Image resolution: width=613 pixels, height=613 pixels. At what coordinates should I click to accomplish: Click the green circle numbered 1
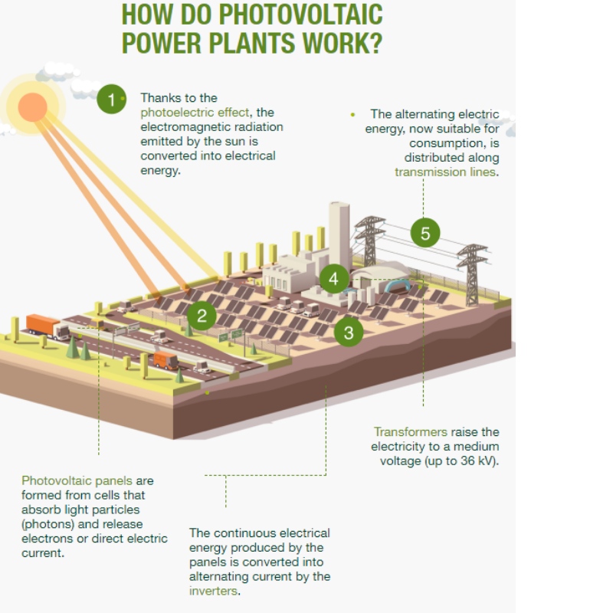click(112, 99)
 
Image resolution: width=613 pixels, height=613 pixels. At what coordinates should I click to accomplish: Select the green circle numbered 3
click(349, 332)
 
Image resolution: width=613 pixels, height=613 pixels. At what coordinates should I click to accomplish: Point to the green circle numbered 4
click(333, 279)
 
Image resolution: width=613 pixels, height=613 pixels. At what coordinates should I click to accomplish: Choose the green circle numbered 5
click(425, 234)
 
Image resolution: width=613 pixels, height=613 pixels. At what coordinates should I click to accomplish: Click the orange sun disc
click(32, 107)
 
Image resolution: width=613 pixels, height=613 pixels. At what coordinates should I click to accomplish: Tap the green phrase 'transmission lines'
click(445, 172)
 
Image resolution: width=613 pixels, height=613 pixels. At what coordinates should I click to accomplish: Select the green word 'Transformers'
click(410, 431)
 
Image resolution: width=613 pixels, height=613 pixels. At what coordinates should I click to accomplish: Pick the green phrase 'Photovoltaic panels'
click(77, 480)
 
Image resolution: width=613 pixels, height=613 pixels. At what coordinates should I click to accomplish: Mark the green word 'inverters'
click(214, 591)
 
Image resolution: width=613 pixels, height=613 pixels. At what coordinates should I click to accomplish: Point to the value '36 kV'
click(478, 461)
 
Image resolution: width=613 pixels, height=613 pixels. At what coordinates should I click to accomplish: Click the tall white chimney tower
click(339, 234)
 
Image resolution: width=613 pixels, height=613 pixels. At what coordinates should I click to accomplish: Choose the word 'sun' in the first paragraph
click(241, 141)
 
